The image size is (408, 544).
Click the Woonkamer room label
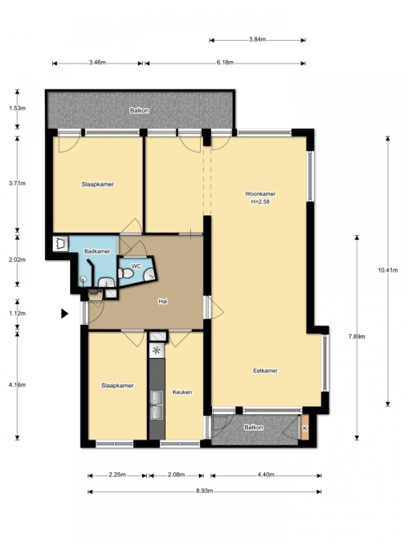[x=260, y=193]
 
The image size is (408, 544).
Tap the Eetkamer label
[x=265, y=370]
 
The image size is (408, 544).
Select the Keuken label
[x=182, y=392]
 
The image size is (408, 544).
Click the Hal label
[x=163, y=302]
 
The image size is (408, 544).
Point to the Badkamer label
[x=97, y=251]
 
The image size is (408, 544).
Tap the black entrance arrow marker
[x=65, y=314]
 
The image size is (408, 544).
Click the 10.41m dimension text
[x=388, y=270]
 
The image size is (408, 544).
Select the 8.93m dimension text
[x=205, y=491]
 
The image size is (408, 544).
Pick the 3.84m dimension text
[x=257, y=39]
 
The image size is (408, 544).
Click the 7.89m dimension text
[x=357, y=336]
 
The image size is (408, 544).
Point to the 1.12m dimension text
[x=17, y=313]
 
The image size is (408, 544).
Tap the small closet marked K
[x=305, y=427]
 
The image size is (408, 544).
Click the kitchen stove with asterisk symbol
[x=156, y=351]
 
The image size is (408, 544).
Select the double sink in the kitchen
[x=157, y=405]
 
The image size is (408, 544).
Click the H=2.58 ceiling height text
[x=260, y=201]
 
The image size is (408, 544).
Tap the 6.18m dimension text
[x=225, y=63]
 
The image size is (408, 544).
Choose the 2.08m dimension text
[x=176, y=475]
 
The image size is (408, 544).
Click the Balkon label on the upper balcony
[x=140, y=111]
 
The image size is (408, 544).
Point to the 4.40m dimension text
[x=266, y=475]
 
